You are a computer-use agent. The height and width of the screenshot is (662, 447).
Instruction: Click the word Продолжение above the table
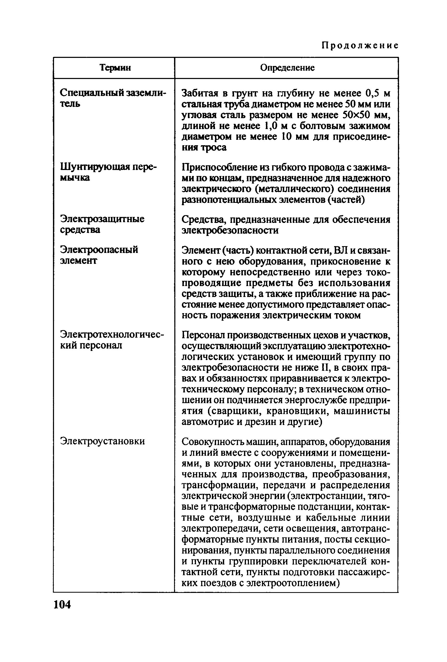coord(360,46)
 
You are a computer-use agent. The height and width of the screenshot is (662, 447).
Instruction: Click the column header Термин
coord(115,68)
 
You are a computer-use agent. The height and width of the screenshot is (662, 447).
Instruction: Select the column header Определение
coord(287,68)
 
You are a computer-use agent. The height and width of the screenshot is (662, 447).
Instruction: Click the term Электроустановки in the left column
coord(102,441)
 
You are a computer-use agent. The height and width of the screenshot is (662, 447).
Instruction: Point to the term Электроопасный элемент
coord(99,255)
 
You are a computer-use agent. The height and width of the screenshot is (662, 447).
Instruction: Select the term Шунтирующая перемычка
coord(108,172)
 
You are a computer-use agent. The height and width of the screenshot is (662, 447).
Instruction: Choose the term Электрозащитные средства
coord(102,224)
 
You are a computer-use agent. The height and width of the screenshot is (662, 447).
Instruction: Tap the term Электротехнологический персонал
coord(112,339)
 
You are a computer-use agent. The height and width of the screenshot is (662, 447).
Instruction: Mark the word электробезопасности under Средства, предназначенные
coord(230,230)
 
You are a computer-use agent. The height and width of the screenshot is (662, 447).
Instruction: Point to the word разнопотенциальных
coord(225,200)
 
